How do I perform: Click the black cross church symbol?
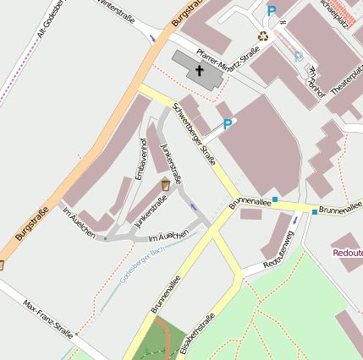[x=200, y=69]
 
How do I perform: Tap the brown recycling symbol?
[x=264, y=36]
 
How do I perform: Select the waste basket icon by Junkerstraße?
[x=166, y=184]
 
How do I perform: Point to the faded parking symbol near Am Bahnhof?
[x=299, y=57]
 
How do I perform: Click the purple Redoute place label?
[x=348, y=252]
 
